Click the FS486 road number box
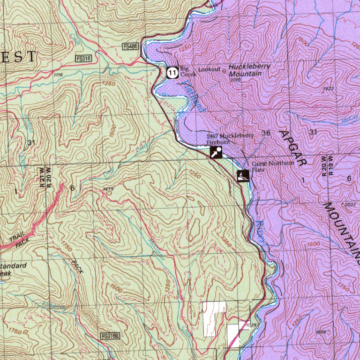click(x=131, y=46)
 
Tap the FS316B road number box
click(x=111, y=337)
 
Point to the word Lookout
click(x=209, y=69)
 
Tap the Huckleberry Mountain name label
click(x=249, y=70)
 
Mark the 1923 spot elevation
click(x=328, y=88)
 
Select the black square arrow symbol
click(x=216, y=152)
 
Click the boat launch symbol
click(x=242, y=176)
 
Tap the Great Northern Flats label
click(x=272, y=166)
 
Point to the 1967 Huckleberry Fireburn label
click(x=230, y=138)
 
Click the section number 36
click(x=266, y=133)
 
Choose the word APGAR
click(x=293, y=148)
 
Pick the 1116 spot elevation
click(x=58, y=75)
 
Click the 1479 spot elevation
click(x=108, y=189)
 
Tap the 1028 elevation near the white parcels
click(x=251, y=324)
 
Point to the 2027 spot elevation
click(x=350, y=205)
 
